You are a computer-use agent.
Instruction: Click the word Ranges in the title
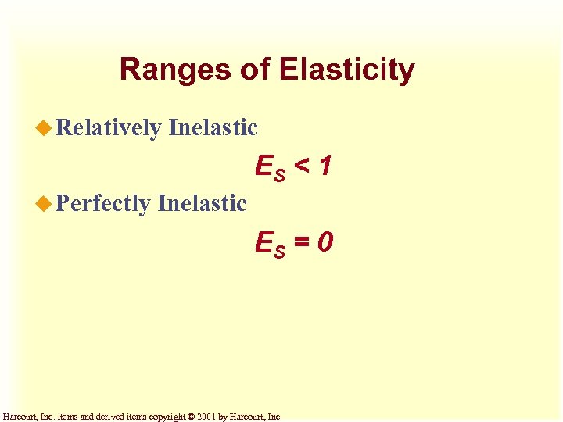pos(174,70)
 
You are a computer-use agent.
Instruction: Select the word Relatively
pos(109,127)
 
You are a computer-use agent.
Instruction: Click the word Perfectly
pos(103,204)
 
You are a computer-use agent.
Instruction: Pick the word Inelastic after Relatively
pos(213,127)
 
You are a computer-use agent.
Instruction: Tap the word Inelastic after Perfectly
pos(202,204)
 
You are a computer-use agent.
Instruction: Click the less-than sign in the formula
pos(302,165)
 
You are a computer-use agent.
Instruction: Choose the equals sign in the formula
pos(303,242)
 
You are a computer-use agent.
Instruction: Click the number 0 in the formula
pos(326,242)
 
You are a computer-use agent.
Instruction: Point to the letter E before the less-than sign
pos(264,165)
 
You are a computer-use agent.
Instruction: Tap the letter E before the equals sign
pos(264,242)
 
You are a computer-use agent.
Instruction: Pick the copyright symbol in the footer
pos(193,417)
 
